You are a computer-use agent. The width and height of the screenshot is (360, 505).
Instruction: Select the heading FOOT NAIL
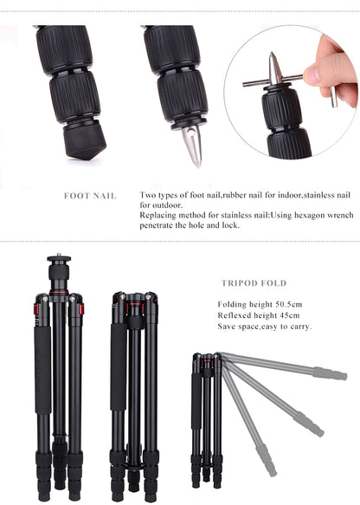(x=90, y=196)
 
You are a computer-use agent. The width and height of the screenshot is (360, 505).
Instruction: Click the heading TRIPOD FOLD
(x=253, y=283)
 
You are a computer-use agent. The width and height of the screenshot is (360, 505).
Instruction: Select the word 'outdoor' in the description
(x=164, y=204)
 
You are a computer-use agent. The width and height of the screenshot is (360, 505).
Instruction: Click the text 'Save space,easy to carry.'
(x=264, y=327)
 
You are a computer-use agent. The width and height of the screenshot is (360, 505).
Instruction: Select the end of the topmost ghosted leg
(x=334, y=374)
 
